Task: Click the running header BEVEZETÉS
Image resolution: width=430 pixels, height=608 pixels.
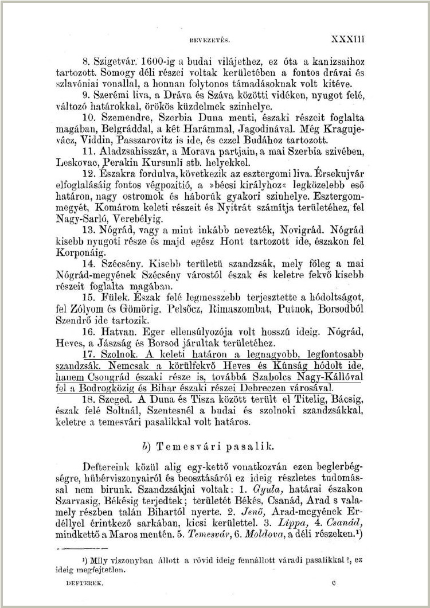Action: tap(214, 41)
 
